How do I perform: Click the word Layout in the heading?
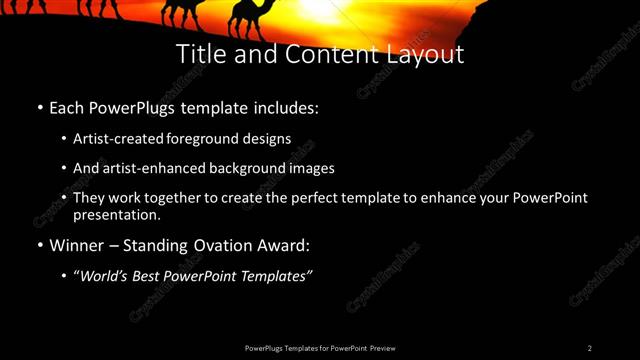point(426,54)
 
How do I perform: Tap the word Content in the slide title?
point(327,54)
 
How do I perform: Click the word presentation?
point(116,214)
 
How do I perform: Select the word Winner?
point(78,245)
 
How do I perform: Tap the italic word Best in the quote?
point(152,276)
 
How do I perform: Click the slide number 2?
point(590,348)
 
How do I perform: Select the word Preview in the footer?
point(382,348)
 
